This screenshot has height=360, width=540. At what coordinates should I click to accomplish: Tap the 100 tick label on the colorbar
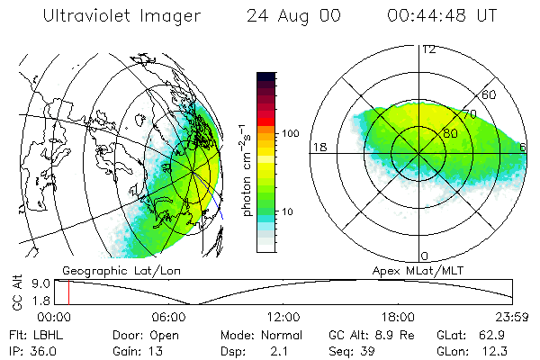point(289,133)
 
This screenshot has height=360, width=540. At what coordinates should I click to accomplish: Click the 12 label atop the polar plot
point(428,49)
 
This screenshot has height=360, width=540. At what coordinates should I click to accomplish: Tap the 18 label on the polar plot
point(318,147)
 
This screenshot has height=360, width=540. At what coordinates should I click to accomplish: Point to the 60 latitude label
point(490,94)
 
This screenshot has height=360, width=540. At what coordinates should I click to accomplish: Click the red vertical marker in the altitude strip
point(68,292)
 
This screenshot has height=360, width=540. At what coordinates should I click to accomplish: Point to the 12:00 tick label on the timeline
point(283,318)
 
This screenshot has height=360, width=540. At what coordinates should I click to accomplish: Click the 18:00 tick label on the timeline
point(399,318)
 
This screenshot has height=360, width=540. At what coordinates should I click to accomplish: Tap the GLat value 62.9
point(498,335)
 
